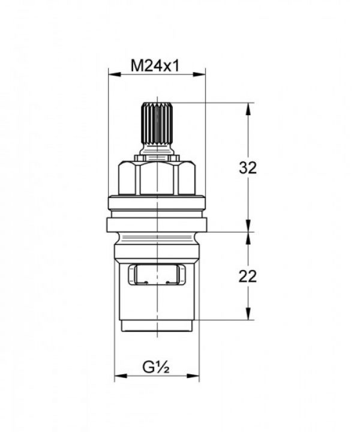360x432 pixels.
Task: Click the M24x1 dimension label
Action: pos(155,66)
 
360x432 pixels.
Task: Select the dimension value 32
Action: pos(248,167)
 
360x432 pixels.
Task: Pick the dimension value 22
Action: pos(248,277)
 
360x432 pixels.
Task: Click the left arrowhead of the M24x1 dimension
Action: pos(115,74)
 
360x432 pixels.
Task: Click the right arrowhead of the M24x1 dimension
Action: pos(199,74)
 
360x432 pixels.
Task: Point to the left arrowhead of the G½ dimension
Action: pos(121,376)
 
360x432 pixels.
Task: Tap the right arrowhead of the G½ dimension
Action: pos(193,376)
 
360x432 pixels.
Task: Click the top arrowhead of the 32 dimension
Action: pos(249,109)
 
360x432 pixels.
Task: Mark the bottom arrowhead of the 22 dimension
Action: pos(249,314)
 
